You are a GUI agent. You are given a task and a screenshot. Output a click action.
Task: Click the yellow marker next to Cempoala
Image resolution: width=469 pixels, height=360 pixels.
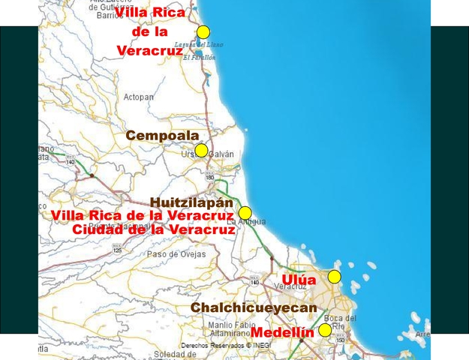[201, 150]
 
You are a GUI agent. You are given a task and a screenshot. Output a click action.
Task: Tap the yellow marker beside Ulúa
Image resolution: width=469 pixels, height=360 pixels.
[335, 277]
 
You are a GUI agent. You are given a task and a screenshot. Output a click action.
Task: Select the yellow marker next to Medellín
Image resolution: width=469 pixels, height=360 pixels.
[325, 330]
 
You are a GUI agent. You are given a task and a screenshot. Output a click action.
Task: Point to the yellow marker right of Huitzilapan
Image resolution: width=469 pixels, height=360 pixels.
[245, 213]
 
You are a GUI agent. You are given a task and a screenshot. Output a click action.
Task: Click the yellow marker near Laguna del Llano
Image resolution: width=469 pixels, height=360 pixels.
[203, 31]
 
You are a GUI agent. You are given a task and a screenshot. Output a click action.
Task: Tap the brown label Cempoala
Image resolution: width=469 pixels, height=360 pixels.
[162, 136]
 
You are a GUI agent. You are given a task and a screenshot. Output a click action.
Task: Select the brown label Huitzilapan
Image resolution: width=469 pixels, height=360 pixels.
[191, 202]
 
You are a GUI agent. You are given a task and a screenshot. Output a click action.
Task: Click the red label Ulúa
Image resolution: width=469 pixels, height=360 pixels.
[299, 280]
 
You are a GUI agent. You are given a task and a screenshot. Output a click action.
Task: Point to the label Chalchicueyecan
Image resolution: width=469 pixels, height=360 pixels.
[254, 307]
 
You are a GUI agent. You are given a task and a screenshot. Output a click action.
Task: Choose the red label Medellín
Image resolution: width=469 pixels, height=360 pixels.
[282, 331]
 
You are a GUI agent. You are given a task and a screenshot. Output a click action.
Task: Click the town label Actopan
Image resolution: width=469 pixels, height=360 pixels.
[138, 97]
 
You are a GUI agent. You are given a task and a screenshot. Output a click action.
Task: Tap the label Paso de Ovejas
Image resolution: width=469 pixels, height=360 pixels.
[176, 253]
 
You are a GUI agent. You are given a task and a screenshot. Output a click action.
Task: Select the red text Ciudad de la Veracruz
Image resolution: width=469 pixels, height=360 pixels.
[154, 229]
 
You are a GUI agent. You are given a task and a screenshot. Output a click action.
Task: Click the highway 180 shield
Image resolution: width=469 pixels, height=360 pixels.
[209, 177]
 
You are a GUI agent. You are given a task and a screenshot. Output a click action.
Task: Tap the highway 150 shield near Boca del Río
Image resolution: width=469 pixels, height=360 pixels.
[340, 339]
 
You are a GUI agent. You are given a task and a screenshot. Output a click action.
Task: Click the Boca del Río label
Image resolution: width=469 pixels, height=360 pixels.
[340, 322]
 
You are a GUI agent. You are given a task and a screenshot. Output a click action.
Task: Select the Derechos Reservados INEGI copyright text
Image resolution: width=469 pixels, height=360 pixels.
[225, 346]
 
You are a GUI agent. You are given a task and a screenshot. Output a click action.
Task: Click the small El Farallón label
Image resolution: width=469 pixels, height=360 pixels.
[199, 57]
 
